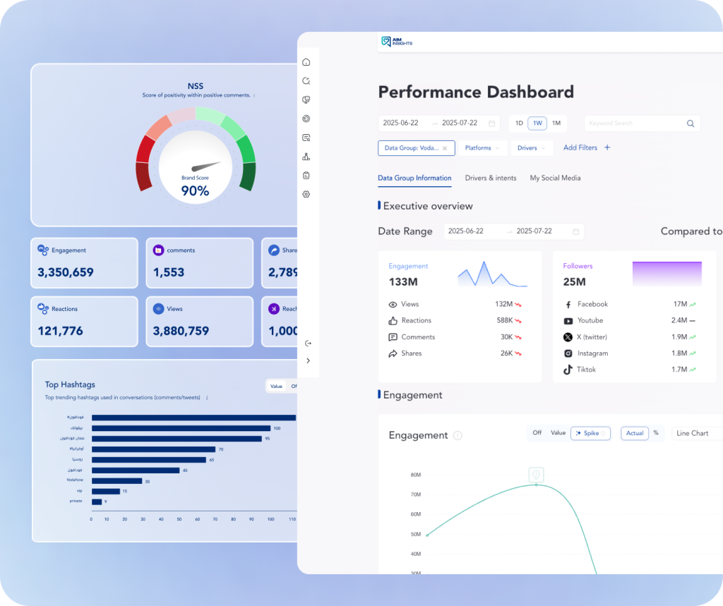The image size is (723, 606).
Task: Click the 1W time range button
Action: coord(538,123)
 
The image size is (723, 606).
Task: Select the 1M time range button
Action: coord(556,123)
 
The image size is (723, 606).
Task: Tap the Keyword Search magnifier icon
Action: coord(691,123)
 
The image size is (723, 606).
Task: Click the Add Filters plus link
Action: coord(586,147)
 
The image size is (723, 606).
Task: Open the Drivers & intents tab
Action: coord(491,178)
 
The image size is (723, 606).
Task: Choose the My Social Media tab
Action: coord(555,178)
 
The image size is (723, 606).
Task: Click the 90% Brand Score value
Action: coord(195,191)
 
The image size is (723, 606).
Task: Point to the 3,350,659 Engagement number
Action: coord(66,272)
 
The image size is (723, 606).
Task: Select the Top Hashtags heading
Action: coord(70,384)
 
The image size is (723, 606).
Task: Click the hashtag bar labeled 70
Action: coord(153,449)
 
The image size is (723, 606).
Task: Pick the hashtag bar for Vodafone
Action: coord(116,481)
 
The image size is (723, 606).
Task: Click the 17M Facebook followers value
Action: coord(680,304)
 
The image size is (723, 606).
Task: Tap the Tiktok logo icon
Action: coord(568,370)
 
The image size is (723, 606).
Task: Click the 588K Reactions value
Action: coord(504,320)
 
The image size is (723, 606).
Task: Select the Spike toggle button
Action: coord(590,433)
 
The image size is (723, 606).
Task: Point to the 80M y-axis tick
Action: coord(415,475)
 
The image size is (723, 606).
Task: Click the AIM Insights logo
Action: coord(396,42)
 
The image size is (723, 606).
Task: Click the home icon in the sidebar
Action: coord(306,62)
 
